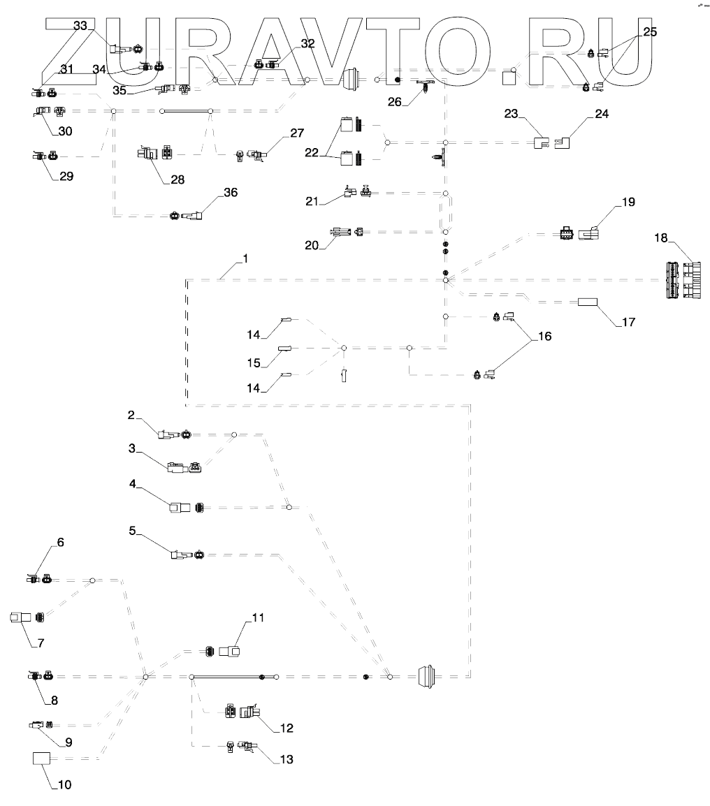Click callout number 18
(x=660, y=239)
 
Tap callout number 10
(x=64, y=784)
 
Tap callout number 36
(x=229, y=193)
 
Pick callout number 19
(x=628, y=203)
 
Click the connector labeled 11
(x=230, y=652)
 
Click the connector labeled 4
(x=178, y=507)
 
